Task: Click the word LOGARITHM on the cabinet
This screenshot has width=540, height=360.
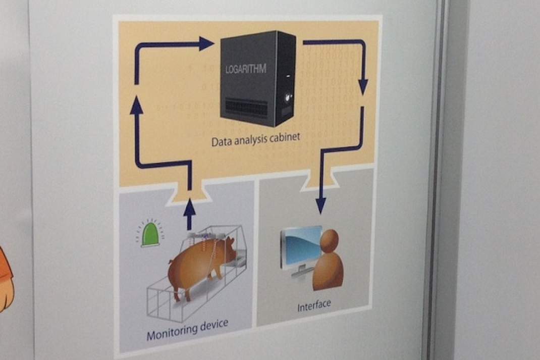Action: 246,69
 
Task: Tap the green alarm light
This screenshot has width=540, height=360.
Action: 151,235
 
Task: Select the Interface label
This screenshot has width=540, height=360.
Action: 314,305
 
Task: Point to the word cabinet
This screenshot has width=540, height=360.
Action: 285,137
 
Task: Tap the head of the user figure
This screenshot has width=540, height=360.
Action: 330,240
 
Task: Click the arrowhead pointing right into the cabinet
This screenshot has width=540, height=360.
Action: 206,44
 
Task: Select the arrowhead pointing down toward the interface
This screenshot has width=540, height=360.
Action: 321,205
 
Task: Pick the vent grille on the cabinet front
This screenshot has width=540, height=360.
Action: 247,108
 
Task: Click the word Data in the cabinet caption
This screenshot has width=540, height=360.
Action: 219,141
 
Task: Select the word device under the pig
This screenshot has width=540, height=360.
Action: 214,325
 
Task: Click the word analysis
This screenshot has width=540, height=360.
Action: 248,139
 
